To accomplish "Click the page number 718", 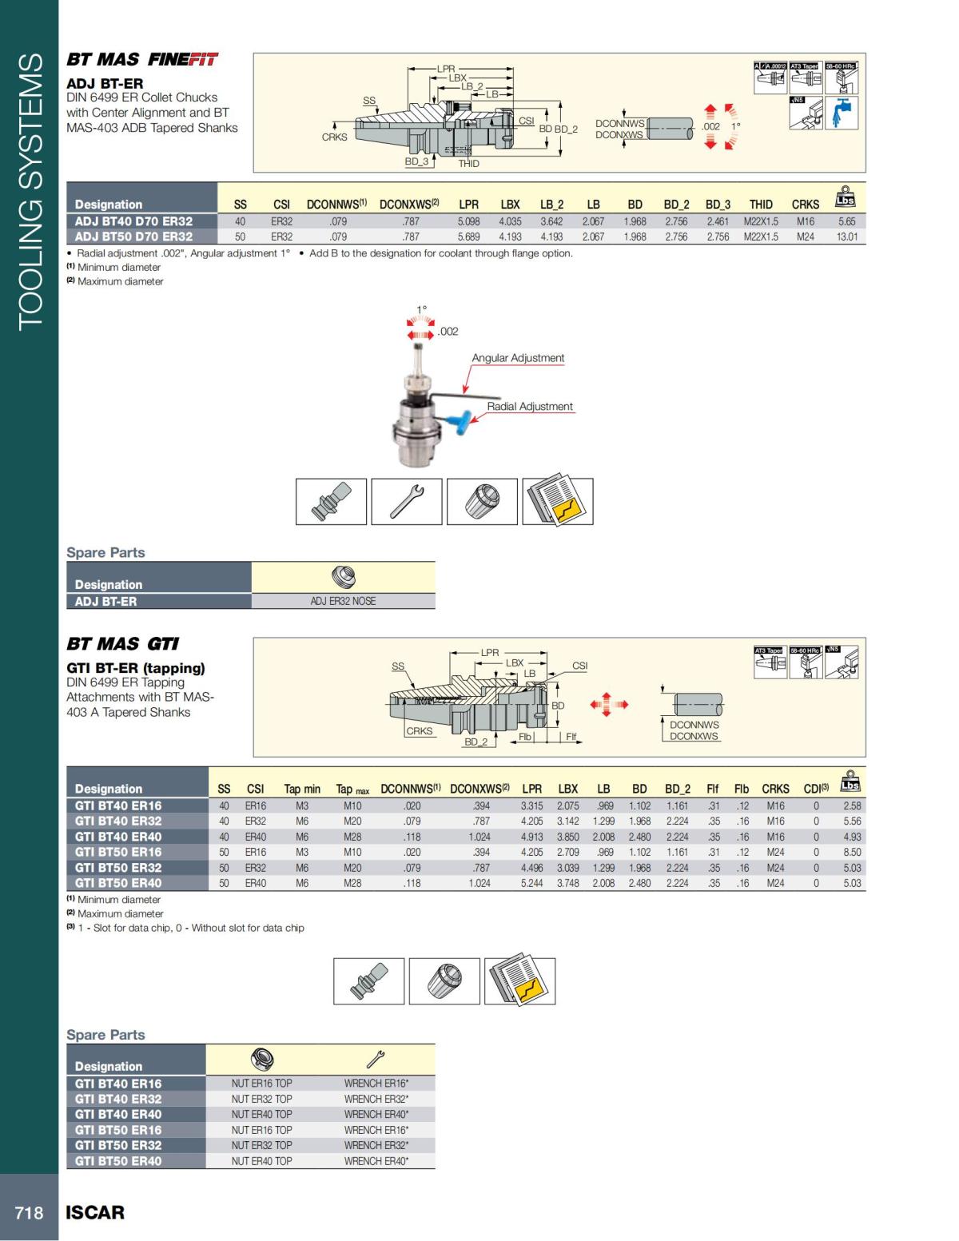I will click(x=29, y=1212).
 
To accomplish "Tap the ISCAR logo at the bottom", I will click(x=95, y=1212).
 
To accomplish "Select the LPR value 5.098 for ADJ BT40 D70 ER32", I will click(x=468, y=221).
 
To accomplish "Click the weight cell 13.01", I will click(x=846, y=237).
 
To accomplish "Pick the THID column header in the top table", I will click(x=761, y=205).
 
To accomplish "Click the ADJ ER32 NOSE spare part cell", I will click(x=343, y=601).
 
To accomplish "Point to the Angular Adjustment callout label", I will click(x=518, y=358).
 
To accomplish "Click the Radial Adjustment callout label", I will click(x=530, y=406).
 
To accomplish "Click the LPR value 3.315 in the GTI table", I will click(x=531, y=805).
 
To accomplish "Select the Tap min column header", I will click(x=302, y=789).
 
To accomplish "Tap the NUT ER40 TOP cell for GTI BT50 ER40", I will click(x=261, y=1160).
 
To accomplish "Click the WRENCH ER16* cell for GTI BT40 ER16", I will click(x=376, y=1084).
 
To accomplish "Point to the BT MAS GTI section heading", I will click(x=122, y=644).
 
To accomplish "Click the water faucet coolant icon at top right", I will click(x=842, y=113).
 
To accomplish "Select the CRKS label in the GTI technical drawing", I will click(x=419, y=730).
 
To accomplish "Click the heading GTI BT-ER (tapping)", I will click(x=136, y=668).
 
